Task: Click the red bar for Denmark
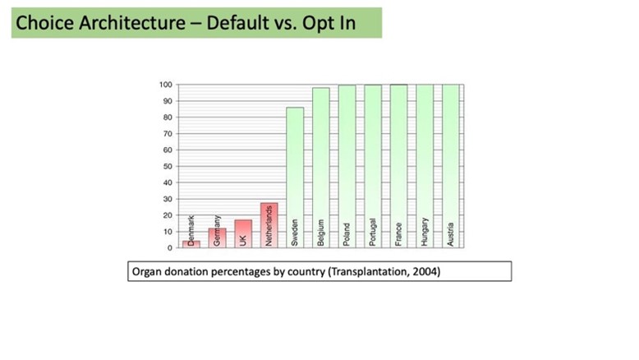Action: [x=191, y=244]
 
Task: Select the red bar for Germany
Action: [x=217, y=238]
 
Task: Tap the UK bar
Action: [x=243, y=233]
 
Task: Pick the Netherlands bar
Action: [x=269, y=225]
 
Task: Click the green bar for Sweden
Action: [x=295, y=178]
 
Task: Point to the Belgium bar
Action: [x=321, y=168]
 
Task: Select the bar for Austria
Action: [x=451, y=166]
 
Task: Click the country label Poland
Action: [x=347, y=234]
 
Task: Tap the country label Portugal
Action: [x=373, y=232]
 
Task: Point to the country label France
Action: [x=398, y=234]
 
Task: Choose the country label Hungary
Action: [x=425, y=232]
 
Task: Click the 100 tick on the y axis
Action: [x=166, y=85]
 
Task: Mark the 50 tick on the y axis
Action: [x=168, y=166]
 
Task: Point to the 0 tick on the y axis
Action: [x=170, y=248]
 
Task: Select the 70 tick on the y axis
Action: [x=168, y=134]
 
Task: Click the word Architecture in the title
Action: [x=132, y=22]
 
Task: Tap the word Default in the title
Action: [x=237, y=22]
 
